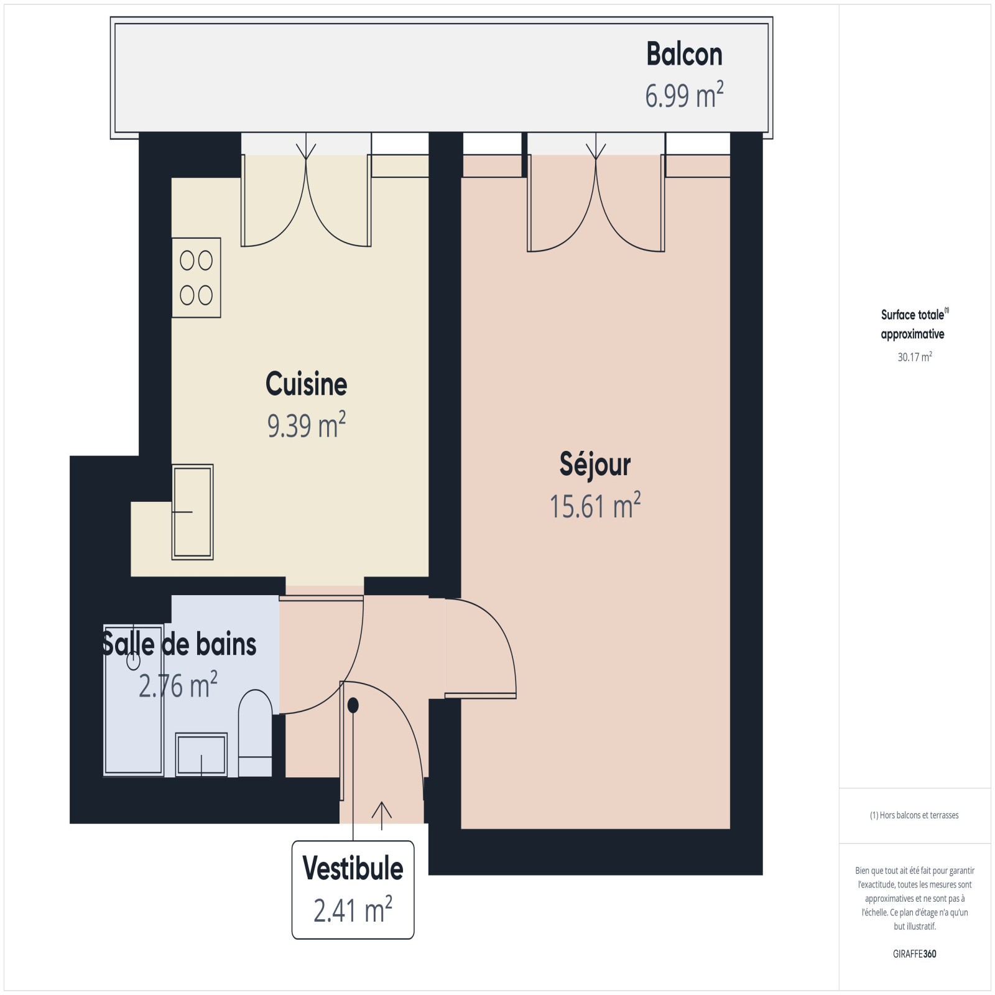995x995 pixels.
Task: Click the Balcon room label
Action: (684, 54)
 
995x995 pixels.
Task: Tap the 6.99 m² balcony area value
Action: (684, 95)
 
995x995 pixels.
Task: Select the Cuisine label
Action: (306, 384)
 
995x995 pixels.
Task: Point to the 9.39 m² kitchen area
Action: (306, 425)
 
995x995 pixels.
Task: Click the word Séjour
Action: (595, 465)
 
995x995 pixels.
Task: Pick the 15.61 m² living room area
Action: (595, 506)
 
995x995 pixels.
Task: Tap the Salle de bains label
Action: (179, 644)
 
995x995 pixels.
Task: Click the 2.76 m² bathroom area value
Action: (178, 685)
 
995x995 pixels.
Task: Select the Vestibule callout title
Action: (353, 868)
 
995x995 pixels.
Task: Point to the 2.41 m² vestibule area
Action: (353, 910)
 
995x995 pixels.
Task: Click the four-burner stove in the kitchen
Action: (197, 278)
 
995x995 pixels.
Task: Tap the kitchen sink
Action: (193, 512)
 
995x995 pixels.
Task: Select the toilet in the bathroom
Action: (255, 733)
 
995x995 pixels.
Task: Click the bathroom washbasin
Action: (201, 754)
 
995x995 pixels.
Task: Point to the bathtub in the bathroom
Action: (134, 700)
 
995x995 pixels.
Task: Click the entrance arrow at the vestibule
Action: (381, 816)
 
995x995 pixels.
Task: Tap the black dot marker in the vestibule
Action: (353, 705)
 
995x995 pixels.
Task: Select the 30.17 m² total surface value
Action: (914, 357)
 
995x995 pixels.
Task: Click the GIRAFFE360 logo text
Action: (914, 954)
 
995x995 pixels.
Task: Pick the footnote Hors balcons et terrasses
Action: (914, 815)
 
